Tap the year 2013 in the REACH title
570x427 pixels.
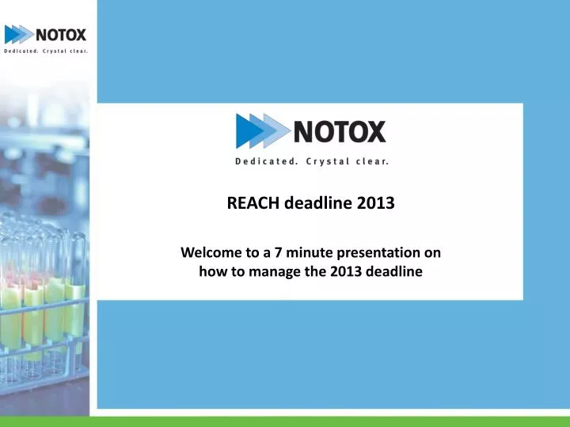click(374, 202)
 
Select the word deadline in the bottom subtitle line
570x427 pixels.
click(392, 272)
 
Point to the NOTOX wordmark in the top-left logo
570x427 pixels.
click(60, 34)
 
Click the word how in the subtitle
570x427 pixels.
click(208, 272)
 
